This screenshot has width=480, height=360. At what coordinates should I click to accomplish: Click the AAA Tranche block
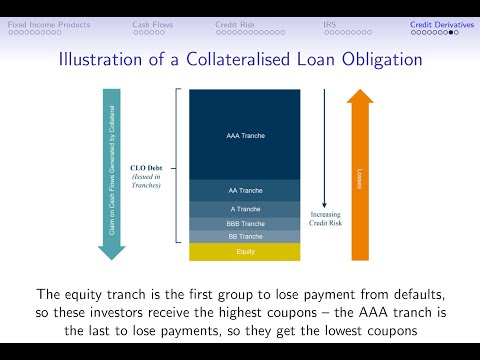click(245, 134)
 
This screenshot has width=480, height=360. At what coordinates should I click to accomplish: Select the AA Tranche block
click(245, 190)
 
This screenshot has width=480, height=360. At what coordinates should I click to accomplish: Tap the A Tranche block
click(245, 208)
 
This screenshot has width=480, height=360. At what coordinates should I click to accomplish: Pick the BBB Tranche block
click(245, 223)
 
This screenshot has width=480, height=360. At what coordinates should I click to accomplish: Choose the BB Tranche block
click(245, 236)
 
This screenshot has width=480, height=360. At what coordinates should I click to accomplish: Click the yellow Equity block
click(245, 251)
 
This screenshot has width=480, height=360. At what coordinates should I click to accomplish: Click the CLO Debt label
click(146, 168)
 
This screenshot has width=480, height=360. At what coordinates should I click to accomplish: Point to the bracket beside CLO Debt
click(178, 165)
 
